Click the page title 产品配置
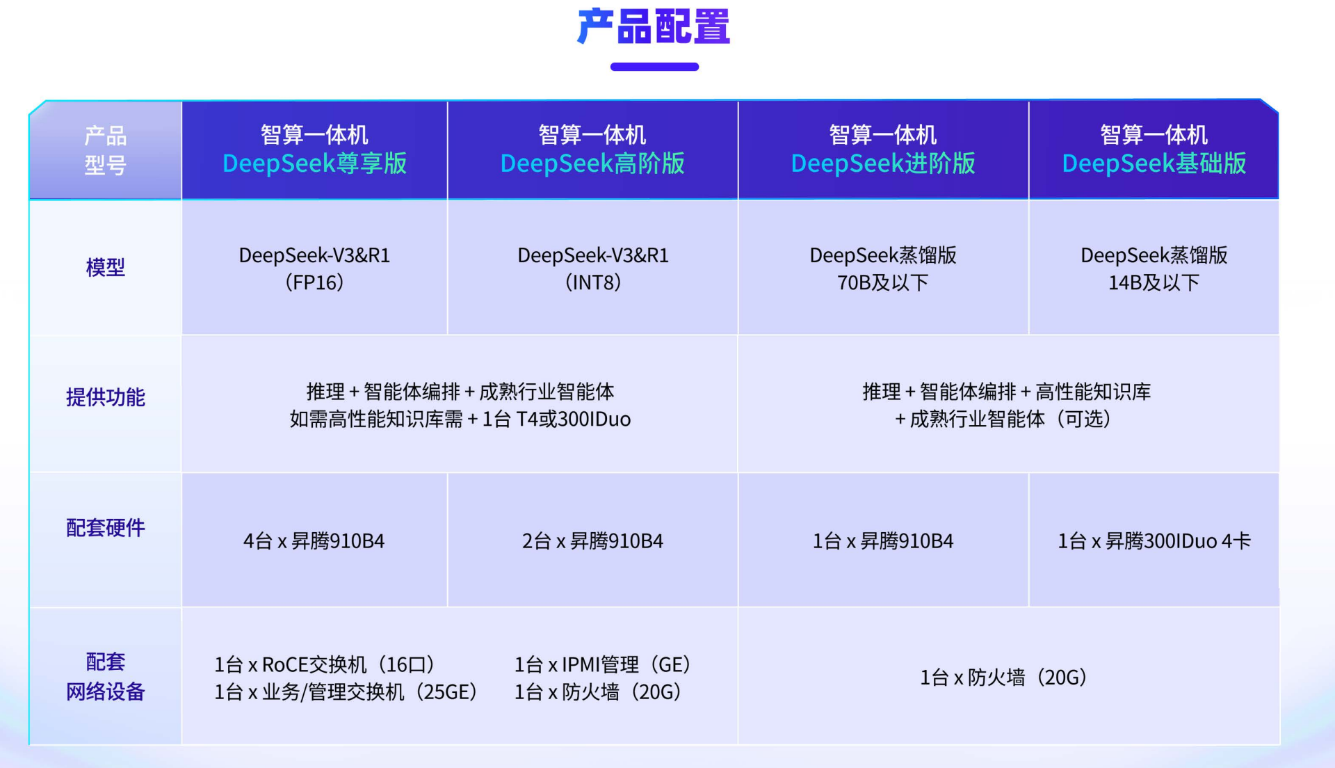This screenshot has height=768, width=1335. tap(654, 26)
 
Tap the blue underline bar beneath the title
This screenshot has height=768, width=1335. tap(654, 67)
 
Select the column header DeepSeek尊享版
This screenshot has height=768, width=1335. tap(314, 163)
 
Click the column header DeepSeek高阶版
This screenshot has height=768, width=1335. tap(592, 163)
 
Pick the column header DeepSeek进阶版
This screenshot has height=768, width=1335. tap(883, 163)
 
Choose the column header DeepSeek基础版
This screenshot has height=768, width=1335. tap(1154, 163)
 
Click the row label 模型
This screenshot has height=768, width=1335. tap(106, 267)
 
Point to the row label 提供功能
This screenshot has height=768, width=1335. tap(106, 397)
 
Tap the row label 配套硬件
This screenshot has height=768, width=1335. tap(106, 528)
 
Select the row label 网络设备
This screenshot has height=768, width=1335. tap(106, 691)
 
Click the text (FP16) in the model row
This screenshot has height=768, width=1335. tap(314, 282)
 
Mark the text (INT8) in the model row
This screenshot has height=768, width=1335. tap(592, 282)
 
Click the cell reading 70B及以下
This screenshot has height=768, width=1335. tap(883, 282)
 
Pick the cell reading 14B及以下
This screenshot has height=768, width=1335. tap(1154, 282)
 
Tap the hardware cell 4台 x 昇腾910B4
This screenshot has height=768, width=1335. tap(314, 541)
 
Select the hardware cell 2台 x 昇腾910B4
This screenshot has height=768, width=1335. tap(592, 541)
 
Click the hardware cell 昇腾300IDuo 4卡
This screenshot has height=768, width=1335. tap(1178, 541)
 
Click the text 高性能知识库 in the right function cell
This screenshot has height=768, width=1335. tap(1093, 392)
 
